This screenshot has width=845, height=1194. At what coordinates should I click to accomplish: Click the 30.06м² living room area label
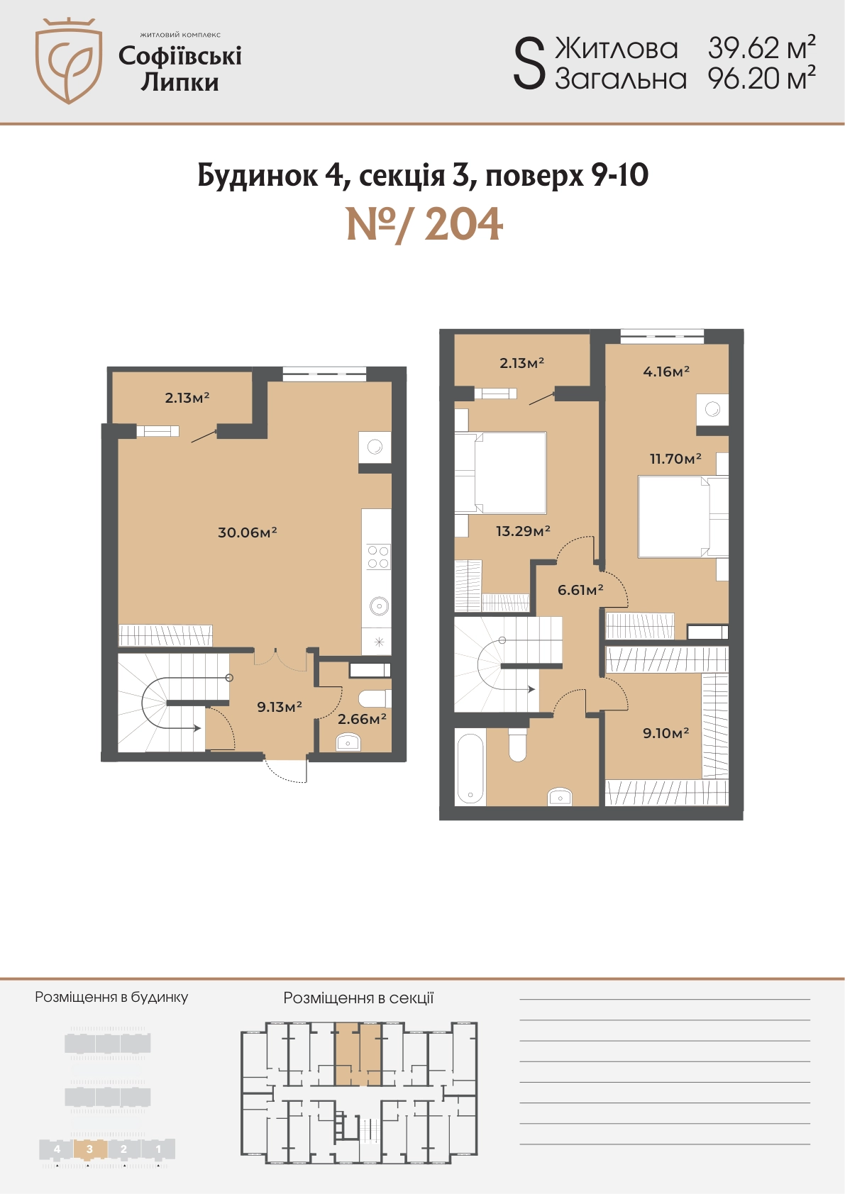tap(248, 532)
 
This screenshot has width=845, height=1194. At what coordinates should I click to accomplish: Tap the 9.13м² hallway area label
tap(280, 707)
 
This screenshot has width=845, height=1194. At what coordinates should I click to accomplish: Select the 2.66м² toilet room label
tap(363, 719)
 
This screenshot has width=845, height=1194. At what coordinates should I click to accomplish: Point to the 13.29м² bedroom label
tap(523, 530)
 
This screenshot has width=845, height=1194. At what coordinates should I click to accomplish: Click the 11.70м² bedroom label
tap(675, 458)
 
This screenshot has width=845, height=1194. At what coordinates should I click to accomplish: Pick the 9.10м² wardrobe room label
tap(665, 733)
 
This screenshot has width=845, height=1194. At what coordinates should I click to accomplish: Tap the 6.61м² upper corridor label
tap(580, 589)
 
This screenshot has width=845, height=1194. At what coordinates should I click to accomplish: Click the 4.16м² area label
tap(666, 371)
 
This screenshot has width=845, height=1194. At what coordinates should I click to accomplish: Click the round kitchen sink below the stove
tap(379, 606)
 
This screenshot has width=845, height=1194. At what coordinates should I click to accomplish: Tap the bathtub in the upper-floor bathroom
tap(470, 767)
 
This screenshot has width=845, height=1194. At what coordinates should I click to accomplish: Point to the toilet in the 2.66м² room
tap(375, 699)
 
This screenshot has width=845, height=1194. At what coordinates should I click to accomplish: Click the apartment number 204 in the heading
tap(463, 225)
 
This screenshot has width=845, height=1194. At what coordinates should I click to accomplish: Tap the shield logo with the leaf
tap(69, 61)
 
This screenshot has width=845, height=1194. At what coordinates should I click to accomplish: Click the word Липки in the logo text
tap(180, 83)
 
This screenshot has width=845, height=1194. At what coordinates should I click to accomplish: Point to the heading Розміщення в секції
tap(358, 998)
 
